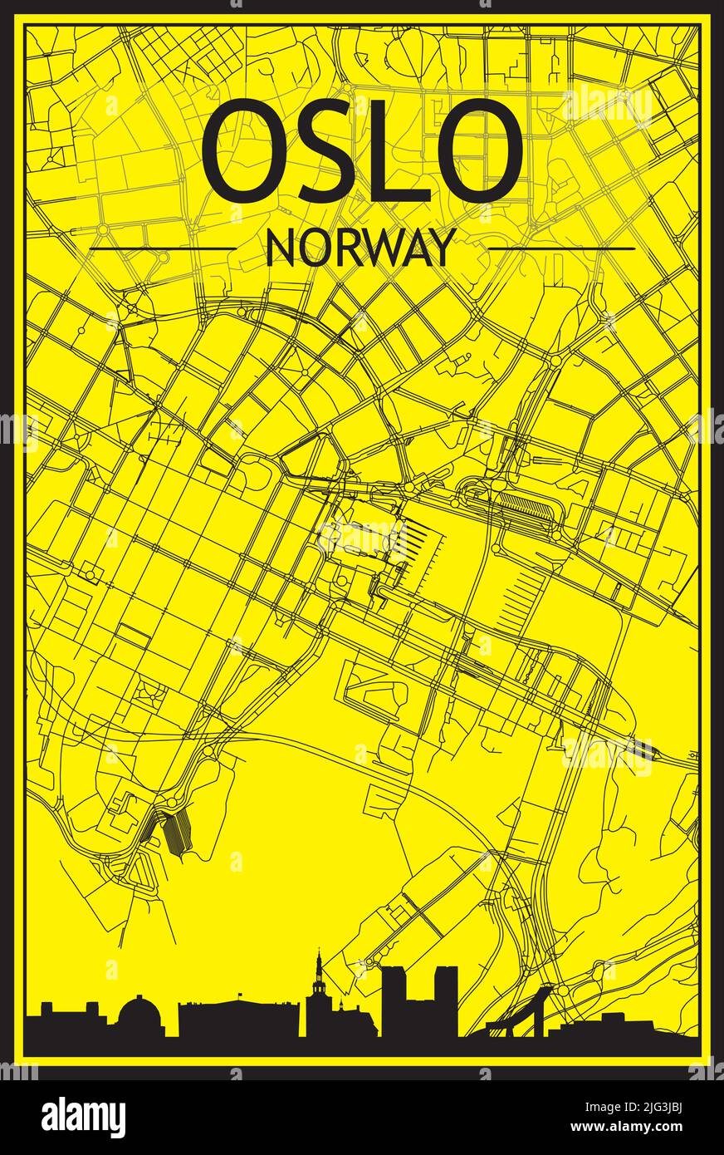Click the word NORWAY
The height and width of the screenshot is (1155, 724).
pyautogui.click(x=361, y=248)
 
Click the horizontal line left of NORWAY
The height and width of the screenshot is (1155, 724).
pyautogui.click(x=162, y=248)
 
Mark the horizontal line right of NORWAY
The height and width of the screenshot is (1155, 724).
pyautogui.click(x=561, y=248)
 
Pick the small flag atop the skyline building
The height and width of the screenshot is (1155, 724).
pyautogui.click(x=237, y=995)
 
